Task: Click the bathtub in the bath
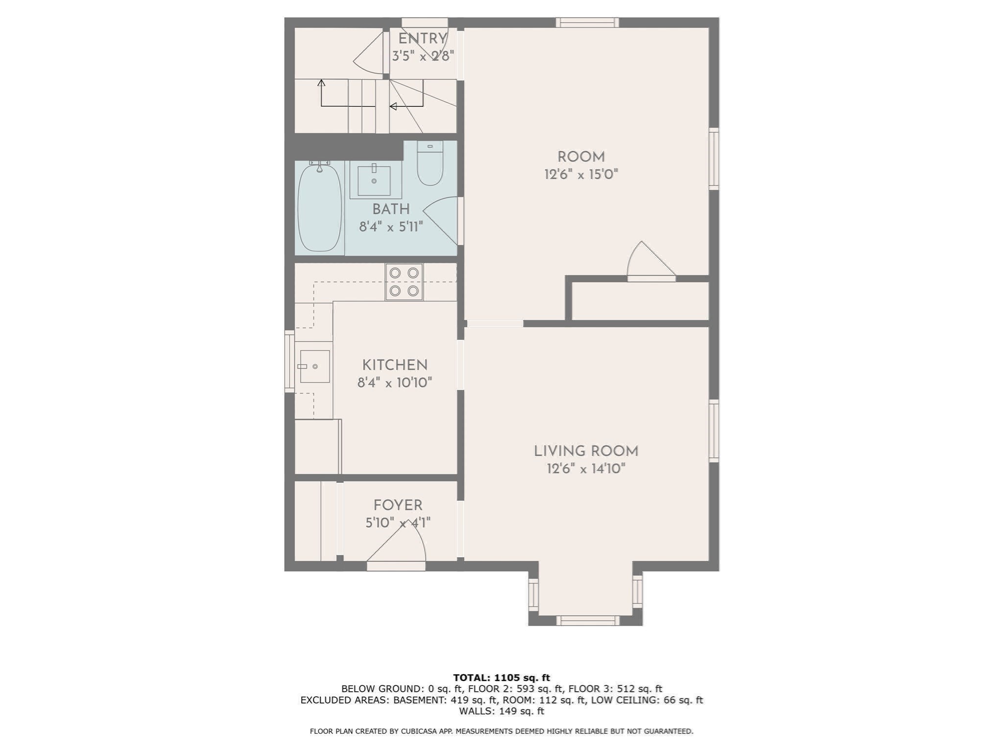click(319, 208)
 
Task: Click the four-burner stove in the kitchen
click(404, 282)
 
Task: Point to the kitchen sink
click(314, 366)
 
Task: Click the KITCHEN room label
click(395, 365)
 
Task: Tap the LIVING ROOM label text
click(586, 451)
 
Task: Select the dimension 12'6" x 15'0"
click(581, 174)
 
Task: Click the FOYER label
click(398, 505)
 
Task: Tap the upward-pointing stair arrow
click(321, 83)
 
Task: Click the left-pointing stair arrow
click(393, 106)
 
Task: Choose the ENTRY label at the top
click(423, 39)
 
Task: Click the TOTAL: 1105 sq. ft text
click(501, 678)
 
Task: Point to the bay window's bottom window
click(587, 620)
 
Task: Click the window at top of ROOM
click(587, 23)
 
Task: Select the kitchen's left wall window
click(289, 361)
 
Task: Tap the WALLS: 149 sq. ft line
click(501, 711)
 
